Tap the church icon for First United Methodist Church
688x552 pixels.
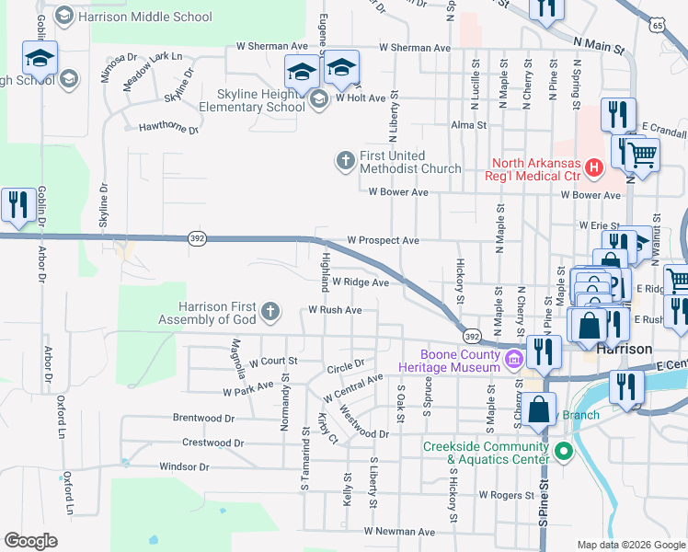[x=345, y=162]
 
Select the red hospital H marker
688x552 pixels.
[x=593, y=168]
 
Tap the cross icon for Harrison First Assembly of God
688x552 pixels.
[x=270, y=312]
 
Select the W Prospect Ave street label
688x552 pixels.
[x=383, y=241]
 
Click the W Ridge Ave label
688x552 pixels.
[x=361, y=282]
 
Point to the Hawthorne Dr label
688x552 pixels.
[x=167, y=129]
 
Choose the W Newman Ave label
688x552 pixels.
[x=398, y=532]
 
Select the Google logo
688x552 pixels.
[x=31, y=540]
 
